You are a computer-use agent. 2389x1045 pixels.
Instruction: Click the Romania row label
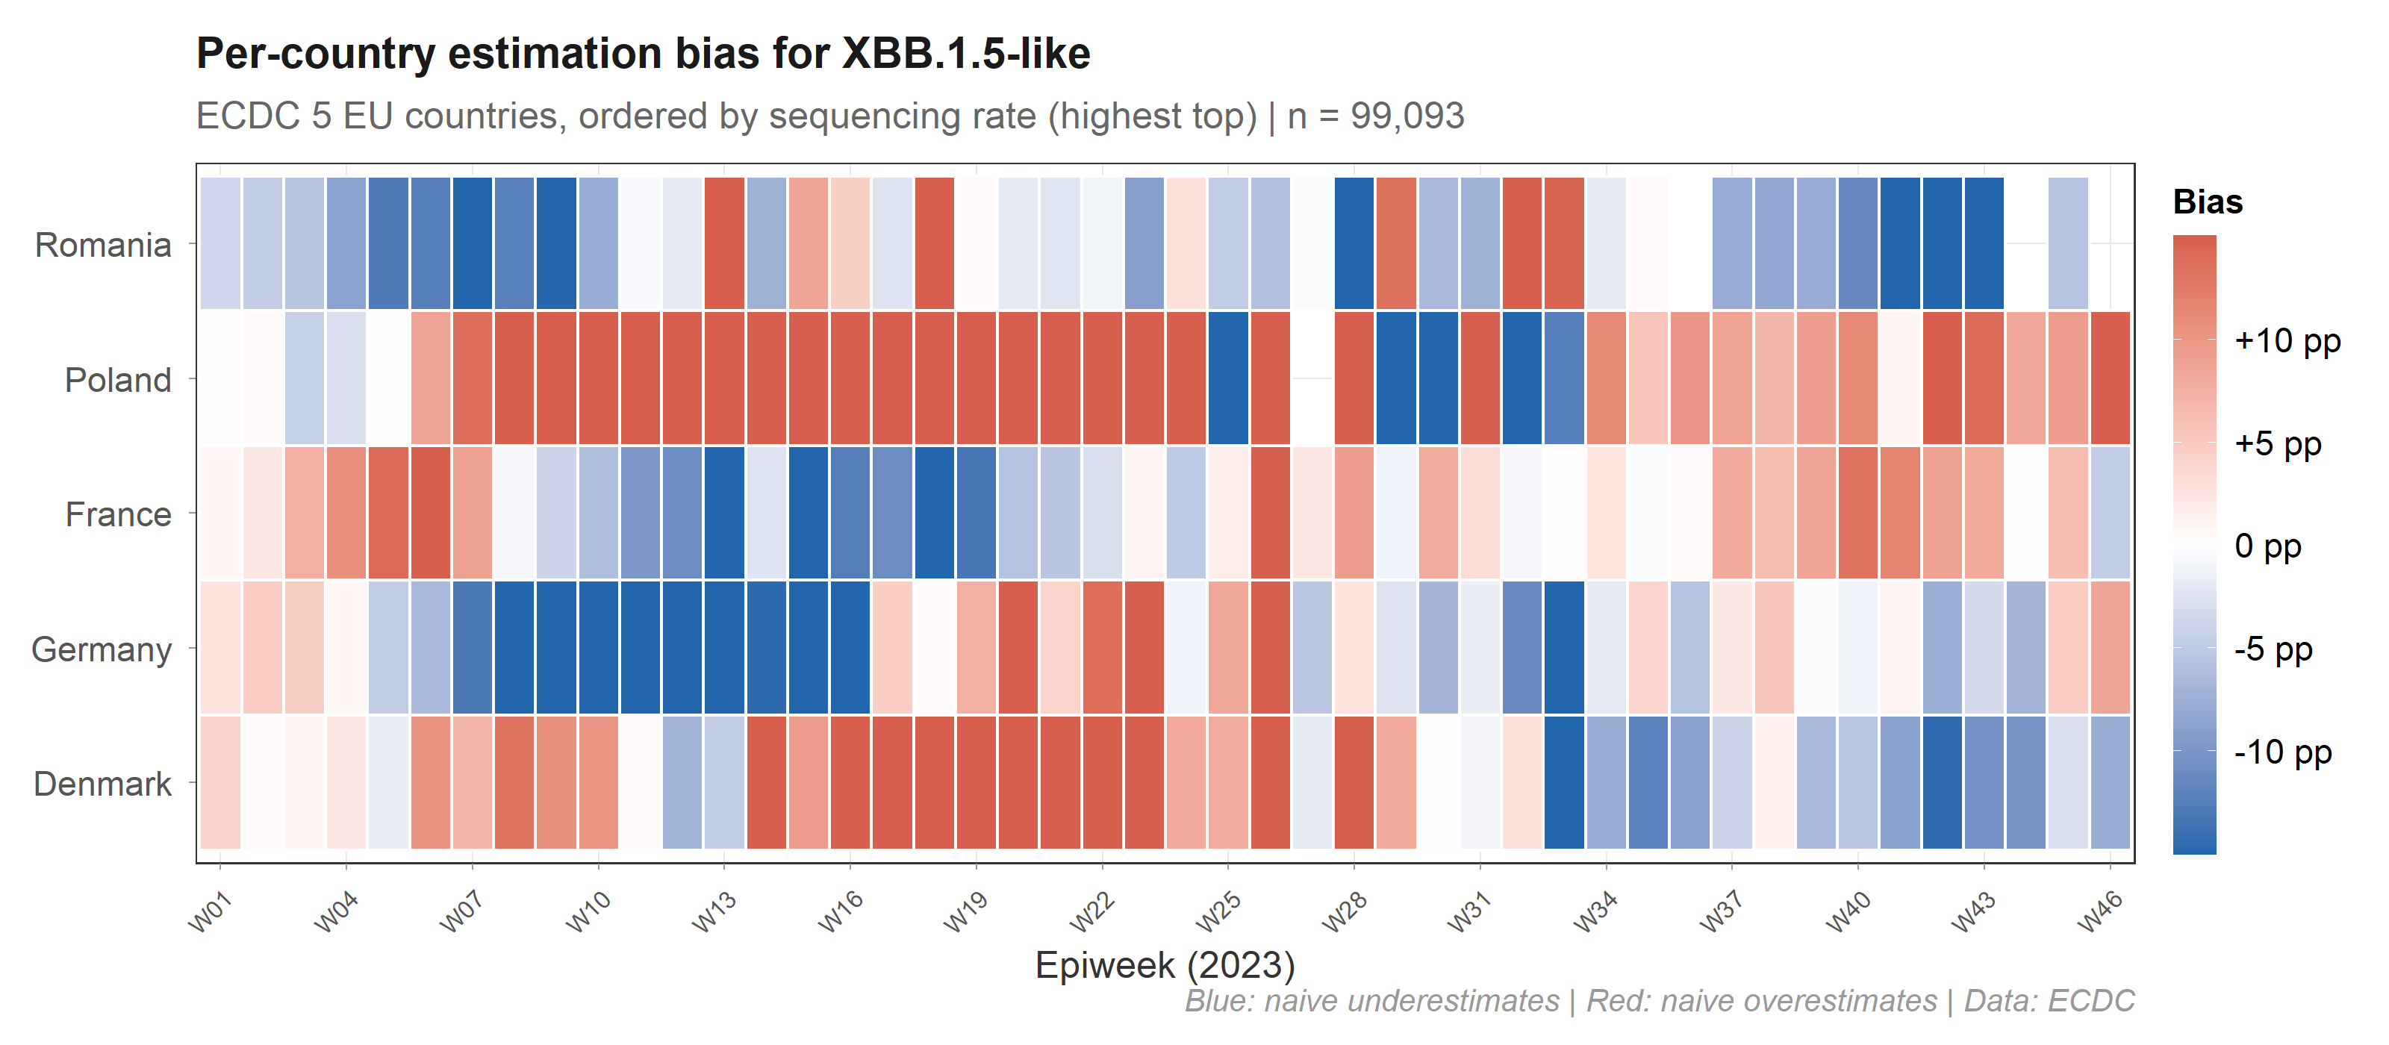[103, 245]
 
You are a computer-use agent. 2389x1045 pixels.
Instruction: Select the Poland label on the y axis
[118, 380]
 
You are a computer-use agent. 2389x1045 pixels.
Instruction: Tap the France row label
[118, 514]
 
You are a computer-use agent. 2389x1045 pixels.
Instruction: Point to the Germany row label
[101, 649]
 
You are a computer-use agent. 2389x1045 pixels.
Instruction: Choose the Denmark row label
[102, 784]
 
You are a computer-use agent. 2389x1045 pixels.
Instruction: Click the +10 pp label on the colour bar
[2287, 341]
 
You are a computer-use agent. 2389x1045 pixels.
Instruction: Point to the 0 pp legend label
[2267, 546]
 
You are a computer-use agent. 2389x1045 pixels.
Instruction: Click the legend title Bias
[2208, 202]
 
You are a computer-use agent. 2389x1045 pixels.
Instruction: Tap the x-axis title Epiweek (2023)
[1165, 965]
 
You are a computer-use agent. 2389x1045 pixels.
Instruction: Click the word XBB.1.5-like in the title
[965, 54]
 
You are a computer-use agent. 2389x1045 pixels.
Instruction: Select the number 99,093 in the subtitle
[1407, 116]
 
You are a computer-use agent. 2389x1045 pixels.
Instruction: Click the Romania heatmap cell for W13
[724, 243]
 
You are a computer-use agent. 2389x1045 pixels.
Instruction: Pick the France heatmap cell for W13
[724, 513]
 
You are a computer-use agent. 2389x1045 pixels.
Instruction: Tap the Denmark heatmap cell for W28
[1354, 782]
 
